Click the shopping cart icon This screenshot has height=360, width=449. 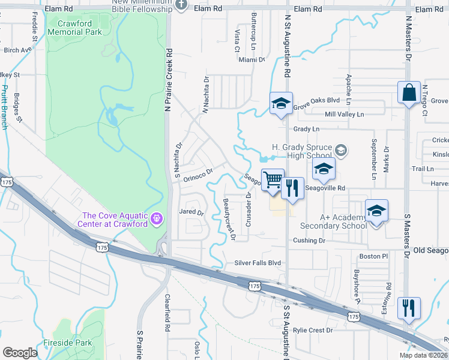click(x=273, y=179)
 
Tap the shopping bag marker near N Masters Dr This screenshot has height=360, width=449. click(x=409, y=93)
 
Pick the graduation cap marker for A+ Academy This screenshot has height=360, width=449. click(x=376, y=211)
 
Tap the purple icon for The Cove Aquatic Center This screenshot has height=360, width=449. click(x=158, y=218)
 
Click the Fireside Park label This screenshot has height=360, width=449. click(x=68, y=344)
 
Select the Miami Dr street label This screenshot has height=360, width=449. click(x=252, y=60)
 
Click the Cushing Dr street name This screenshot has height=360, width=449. click(x=309, y=241)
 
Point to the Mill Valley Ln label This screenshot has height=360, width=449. click(x=344, y=114)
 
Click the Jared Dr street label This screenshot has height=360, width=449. click(x=192, y=212)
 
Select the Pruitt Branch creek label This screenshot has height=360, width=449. click(x=5, y=107)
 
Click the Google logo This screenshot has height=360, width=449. click(x=19, y=353)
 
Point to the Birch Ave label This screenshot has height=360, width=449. click(x=17, y=50)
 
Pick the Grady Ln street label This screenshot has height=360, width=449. click(x=306, y=129)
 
